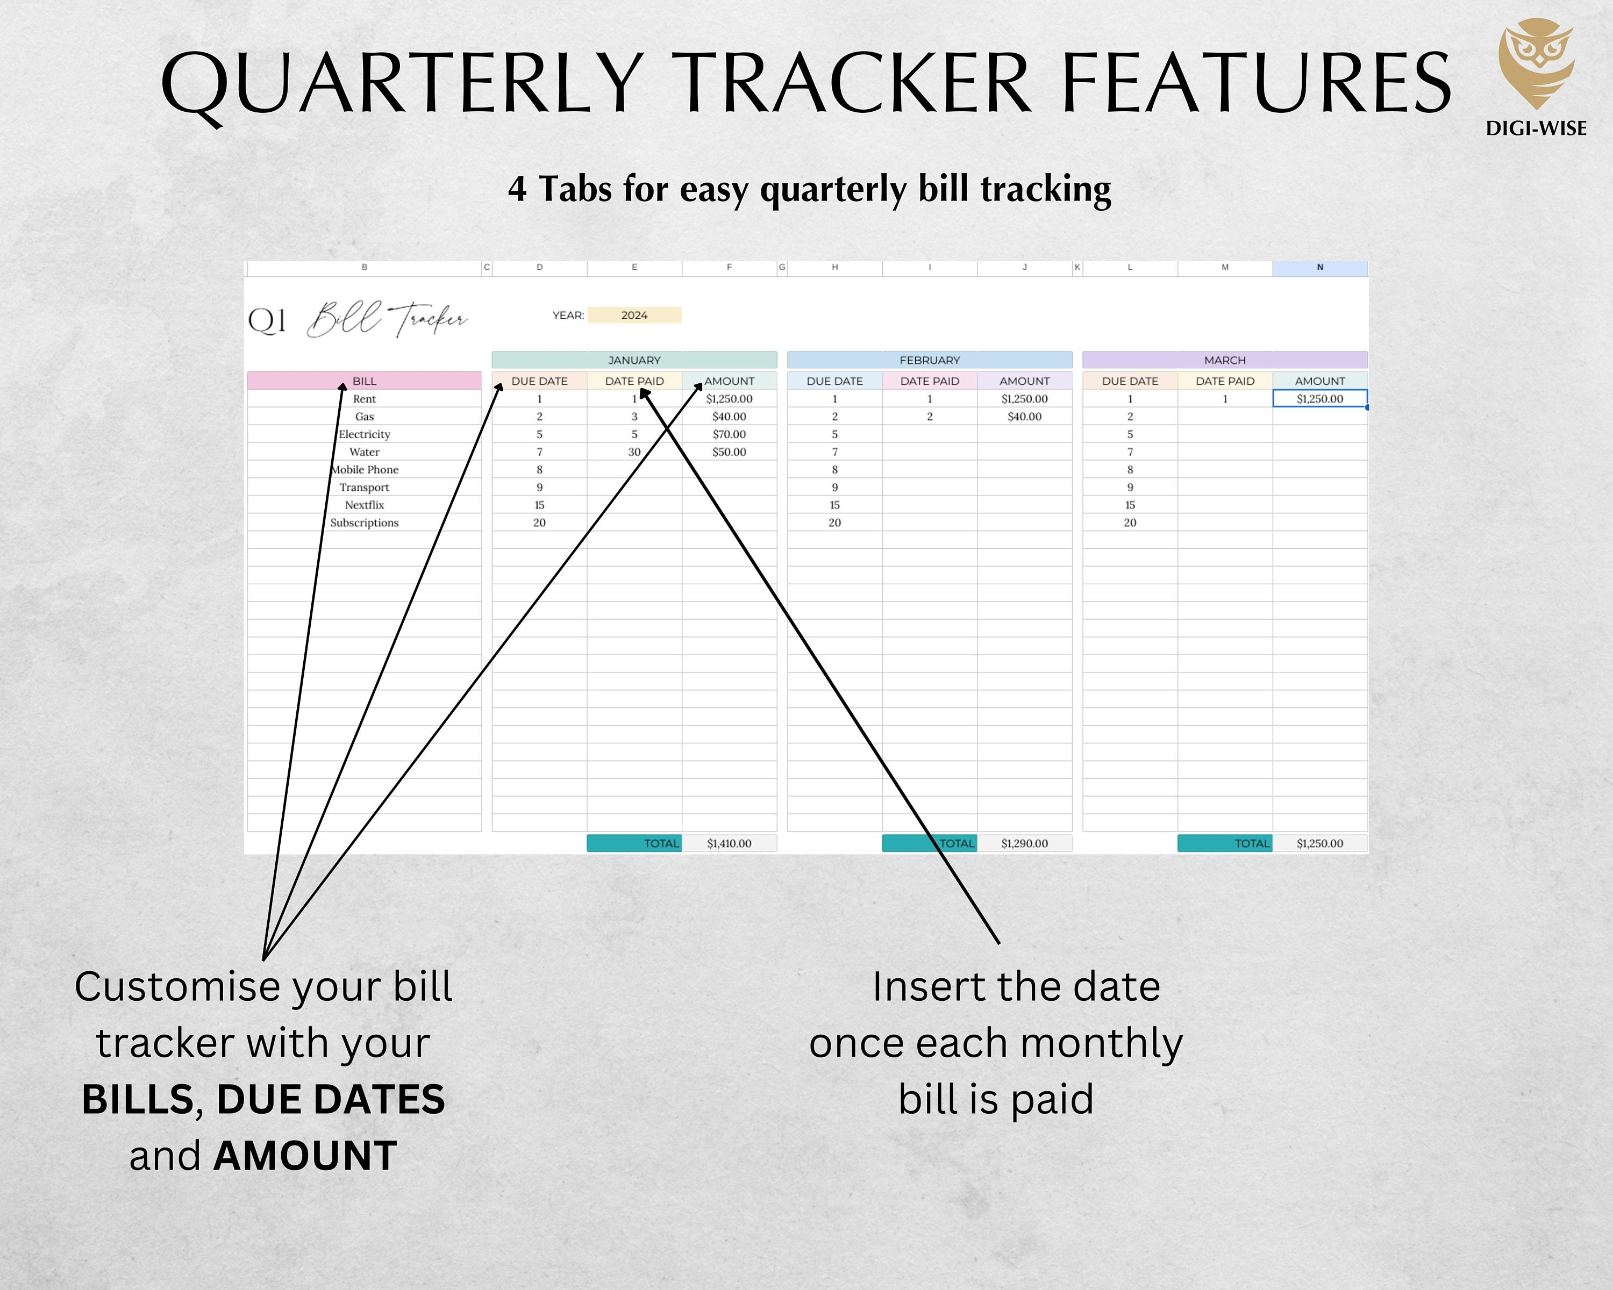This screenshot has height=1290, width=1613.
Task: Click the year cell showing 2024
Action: (x=634, y=315)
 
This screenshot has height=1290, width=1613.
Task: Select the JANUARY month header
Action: (x=634, y=360)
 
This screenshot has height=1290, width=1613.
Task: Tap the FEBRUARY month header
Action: (x=929, y=360)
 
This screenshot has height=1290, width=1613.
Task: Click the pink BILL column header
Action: (x=365, y=381)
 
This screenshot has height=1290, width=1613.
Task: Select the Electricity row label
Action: (x=365, y=434)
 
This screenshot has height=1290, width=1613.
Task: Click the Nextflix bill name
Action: (x=365, y=505)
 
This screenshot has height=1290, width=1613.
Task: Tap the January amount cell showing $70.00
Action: (x=729, y=434)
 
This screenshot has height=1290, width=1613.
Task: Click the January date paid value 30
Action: (x=634, y=451)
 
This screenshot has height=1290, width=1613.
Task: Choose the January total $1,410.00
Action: (x=729, y=843)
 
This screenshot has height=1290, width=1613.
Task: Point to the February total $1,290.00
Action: (x=1024, y=843)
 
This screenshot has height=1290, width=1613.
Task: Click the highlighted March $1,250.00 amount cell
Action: (x=1320, y=399)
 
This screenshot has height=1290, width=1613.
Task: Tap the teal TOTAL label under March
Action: (x=1225, y=843)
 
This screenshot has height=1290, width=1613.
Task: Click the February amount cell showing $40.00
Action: (x=1024, y=417)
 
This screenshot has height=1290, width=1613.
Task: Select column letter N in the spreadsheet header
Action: (x=1320, y=267)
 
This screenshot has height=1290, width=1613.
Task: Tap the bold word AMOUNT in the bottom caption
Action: (x=305, y=1156)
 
